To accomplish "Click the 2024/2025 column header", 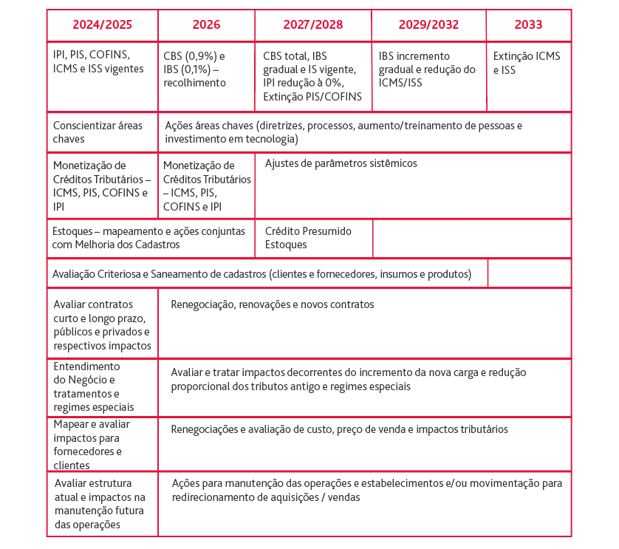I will (102, 25).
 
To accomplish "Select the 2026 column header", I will (206, 25).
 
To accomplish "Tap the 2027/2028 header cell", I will (313, 25).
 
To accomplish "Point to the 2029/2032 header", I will (428, 25).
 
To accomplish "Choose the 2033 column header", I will (528, 25).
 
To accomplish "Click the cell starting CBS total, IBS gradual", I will (312, 76).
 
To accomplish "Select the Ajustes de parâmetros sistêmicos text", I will (341, 163).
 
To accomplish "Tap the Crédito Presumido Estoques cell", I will (308, 238).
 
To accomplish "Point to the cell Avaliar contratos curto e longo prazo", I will (102, 325).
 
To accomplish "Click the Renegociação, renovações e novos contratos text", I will (273, 304).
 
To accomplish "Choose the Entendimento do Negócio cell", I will (94, 386).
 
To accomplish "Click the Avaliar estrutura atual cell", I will (100, 504).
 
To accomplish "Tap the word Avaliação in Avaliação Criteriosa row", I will (76, 274).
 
